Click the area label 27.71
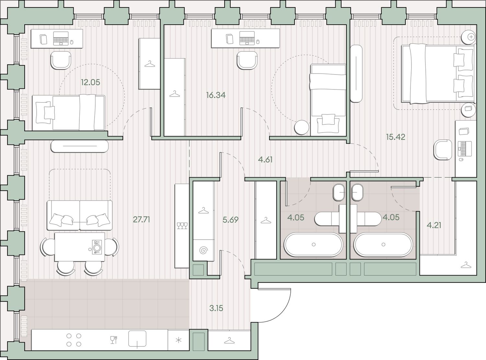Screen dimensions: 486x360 pyautogui.click(x=141, y=219)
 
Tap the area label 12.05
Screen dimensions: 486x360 pyautogui.click(x=90, y=82)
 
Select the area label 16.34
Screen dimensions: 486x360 pyautogui.click(x=215, y=95)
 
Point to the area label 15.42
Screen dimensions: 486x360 pyautogui.click(x=396, y=137)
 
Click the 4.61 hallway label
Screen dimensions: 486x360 pyautogui.click(x=265, y=159)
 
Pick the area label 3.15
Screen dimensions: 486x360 pyautogui.click(x=216, y=308)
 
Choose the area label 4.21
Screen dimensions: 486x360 pyautogui.click(x=434, y=225)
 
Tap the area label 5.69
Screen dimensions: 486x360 pyautogui.click(x=230, y=220)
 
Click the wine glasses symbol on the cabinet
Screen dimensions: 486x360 pyautogui.click(x=182, y=226)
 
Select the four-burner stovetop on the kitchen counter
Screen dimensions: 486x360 pyautogui.click(x=74, y=340)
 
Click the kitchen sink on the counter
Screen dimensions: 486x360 pyautogui.click(x=137, y=339)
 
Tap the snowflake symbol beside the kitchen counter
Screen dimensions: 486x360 pyautogui.click(x=179, y=340)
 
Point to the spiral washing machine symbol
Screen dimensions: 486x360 pyautogui.click(x=203, y=250)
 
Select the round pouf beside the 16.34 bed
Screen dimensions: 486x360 pyautogui.click(x=302, y=127)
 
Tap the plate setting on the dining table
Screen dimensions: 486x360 pyautogui.click(x=97, y=247)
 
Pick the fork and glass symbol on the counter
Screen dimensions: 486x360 pyautogui.click(x=114, y=340)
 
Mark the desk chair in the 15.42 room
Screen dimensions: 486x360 pyautogui.click(x=443, y=150)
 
